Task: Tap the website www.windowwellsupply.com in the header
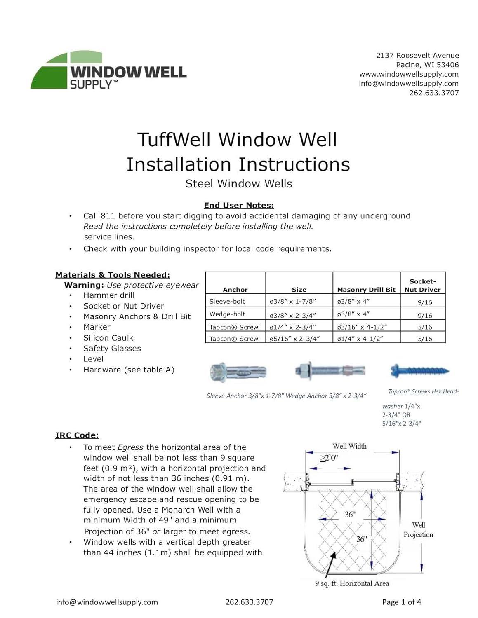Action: pos(409,74)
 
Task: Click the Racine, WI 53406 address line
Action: pos(427,65)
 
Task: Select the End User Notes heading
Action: pos(238,205)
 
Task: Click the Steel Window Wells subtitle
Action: pos(238,184)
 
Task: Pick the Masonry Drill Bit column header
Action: pos(366,290)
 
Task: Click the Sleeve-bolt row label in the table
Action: pos(227,301)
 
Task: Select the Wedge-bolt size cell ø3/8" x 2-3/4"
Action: pos(292,315)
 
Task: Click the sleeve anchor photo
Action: pos(238,372)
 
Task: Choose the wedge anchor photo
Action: pos(330,370)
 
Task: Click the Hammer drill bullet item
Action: pos(109,295)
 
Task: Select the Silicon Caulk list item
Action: pos(108,338)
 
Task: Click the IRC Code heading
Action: pos(77,435)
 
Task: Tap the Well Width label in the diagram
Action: pos(349,446)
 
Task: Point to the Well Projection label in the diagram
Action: pos(418,530)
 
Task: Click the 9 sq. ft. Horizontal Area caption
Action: pos(352,583)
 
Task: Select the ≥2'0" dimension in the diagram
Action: pos(329,458)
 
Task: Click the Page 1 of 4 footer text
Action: pos(401,602)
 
